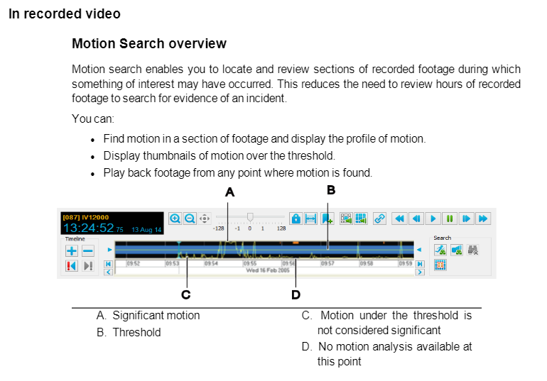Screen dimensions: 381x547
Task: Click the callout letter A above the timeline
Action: tap(229, 192)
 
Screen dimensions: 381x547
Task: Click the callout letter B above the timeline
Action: tap(330, 190)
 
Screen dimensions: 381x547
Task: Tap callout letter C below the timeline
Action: tap(185, 294)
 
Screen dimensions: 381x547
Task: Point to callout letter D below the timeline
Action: tap(296, 294)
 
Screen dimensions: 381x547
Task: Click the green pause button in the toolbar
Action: tap(450, 219)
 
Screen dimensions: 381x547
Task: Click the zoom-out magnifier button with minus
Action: tap(190, 219)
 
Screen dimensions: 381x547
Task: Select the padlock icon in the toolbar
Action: tap(296, 219)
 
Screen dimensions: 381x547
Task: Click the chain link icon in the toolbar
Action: tap(379, 219)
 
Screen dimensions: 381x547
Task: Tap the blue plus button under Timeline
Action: tap(72, 250)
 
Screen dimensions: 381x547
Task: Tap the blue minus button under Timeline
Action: tap(87, 250)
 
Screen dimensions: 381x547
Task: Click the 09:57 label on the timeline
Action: tap(327, 263)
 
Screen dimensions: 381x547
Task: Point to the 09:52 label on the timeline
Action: tap(133, 263)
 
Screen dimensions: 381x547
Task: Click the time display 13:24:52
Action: tap(89, 228)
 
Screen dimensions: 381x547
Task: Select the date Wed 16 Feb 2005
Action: tap(268, 270)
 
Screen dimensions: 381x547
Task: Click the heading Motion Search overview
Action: tap(149, 44)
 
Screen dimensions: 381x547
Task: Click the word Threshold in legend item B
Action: tap(136, 332)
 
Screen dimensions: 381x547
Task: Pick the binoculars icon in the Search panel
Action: tap(472, 250)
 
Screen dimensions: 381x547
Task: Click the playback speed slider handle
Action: tap(250, 216)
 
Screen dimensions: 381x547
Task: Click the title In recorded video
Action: tap(65, 14)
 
